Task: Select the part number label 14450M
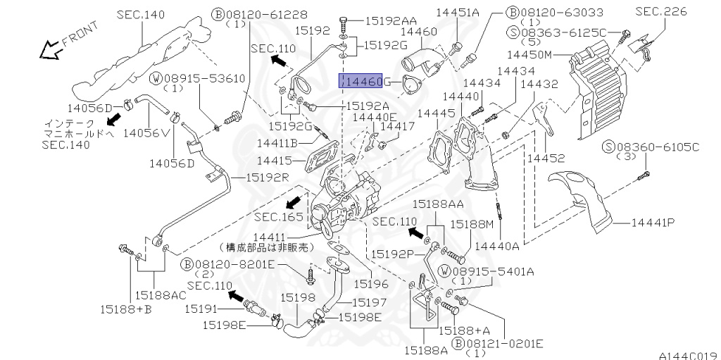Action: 529,55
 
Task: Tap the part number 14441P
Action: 653,223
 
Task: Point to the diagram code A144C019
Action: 689,355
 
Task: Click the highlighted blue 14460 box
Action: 360,80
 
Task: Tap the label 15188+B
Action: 125,309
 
